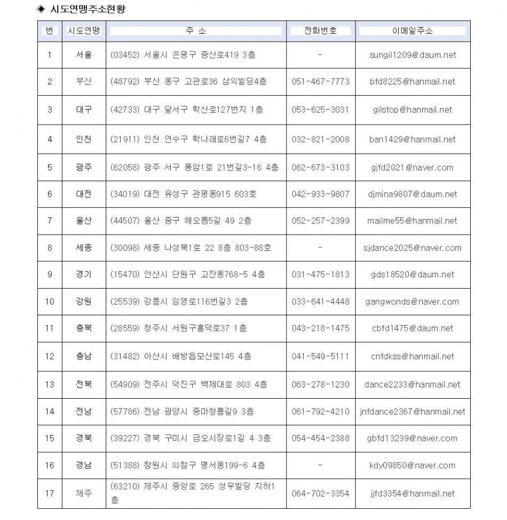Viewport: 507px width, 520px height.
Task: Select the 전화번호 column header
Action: click(320, 31)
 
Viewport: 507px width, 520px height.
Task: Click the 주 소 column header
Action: click(196, 31)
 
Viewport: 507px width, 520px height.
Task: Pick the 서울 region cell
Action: click(84, 55)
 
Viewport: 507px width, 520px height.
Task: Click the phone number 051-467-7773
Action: click(320, 82)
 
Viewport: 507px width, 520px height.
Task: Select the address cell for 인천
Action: click(188, 139)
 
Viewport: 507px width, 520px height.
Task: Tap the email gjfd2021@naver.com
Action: click(413, 167)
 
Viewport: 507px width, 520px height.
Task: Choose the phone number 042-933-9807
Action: click(320, 194)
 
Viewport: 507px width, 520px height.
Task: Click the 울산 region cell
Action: click(84, 221)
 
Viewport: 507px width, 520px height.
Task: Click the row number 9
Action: click(50, 274)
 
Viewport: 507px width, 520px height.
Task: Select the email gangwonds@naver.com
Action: click(413, 301)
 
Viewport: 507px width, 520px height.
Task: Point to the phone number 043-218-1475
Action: click(320, 328)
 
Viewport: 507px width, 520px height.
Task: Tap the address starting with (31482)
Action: click(180, 356)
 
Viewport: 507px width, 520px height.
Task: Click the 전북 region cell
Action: click(84, 384)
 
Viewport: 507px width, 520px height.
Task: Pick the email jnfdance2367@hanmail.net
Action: click(413, 412)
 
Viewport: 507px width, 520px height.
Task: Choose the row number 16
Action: click(50, 465)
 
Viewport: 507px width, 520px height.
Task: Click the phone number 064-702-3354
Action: click(320, 493)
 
